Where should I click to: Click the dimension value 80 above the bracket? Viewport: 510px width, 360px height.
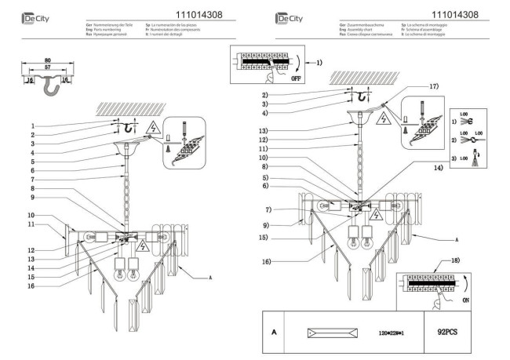[48, 60]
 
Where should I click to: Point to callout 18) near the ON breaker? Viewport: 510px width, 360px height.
[457, 259]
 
